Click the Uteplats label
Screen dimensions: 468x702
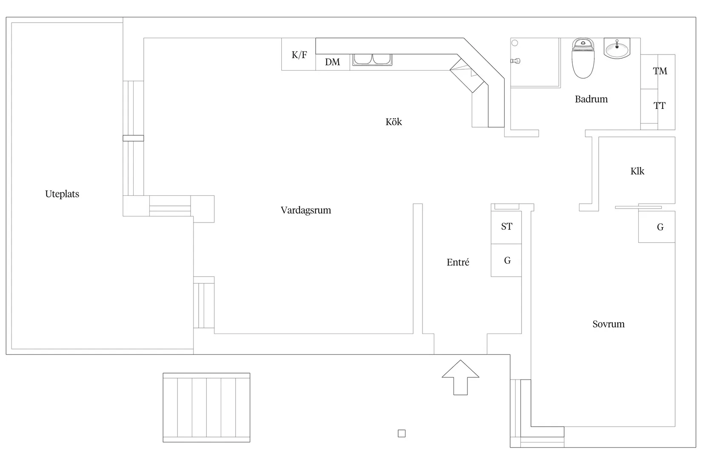click(62, 194)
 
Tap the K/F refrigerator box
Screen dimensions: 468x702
click(299, 54)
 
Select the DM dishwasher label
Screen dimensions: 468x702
click(332, 62)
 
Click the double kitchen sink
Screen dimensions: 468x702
click(372, 60)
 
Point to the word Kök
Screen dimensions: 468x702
click(394, 122)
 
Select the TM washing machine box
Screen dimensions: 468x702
click(660, 71)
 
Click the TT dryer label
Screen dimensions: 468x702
click(659, 106)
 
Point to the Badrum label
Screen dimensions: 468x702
click(591, 99)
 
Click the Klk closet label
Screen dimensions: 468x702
click(637, 171)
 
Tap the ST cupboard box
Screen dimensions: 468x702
click(506, 227)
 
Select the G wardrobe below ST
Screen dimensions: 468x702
click(507, 260)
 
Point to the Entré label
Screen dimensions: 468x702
click(458, 263)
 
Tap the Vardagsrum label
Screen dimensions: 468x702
click(305, 210)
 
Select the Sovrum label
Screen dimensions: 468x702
click(608, 324)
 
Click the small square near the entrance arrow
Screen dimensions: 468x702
click(401, 434)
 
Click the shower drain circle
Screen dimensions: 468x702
click(514, 43)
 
